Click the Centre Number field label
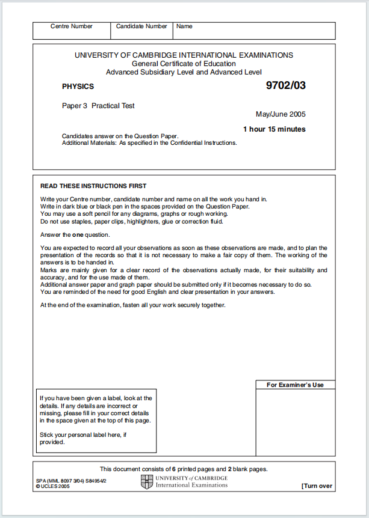pyautogui.click(x=72, y=26)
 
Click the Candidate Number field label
pyautogui.click(x=141, y=26)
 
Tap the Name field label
pyautogui.click(x=184, y=26)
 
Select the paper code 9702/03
pyautogui.click(x=286, y=85)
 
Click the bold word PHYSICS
pyautogui.click(x=78, y=87)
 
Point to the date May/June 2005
pyautogui.click(x=281, y=114)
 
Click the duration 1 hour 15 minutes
pyautogui.click(x=274, y=129)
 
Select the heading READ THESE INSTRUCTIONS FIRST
pyautogui.click(x=93, y=186)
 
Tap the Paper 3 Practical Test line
pyautogui.click(x=98, y=106)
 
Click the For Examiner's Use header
pyautogui.click(x=295, y=385)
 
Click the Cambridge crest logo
pyautogui.click(x=147, y=481)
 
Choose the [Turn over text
pyautogui.click(x=317, y=486)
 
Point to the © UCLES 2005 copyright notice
pyautogui.click(x=53, y=486)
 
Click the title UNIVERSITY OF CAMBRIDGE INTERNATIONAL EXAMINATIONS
pyautogui.click(x=184, y=55)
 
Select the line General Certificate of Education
pyautogui.click(x=184, y=64)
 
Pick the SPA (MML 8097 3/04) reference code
pyautogui.click(x=69, y=481)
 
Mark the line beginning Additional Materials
pyautogui.click(x=149, y=143)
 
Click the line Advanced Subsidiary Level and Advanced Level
pyautogui.click(x=184, y=72)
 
